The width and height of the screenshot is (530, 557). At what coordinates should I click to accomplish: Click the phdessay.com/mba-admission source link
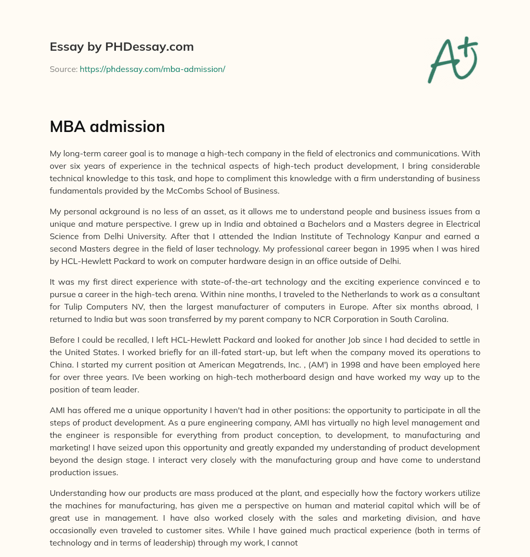(x=152, y=69)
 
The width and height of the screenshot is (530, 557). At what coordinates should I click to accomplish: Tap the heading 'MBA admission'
(x=107, y=126)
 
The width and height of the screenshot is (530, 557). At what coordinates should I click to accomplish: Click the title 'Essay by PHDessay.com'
(x=122, y=47)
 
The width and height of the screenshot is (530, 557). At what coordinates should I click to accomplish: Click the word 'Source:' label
(x=64, y=69)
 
